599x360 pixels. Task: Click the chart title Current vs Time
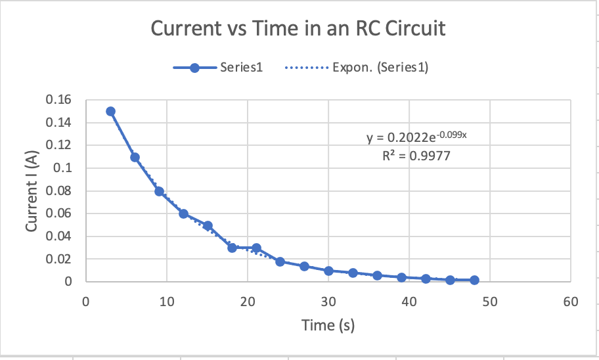click(298, 29)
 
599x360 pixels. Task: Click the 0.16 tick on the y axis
click(59, 100)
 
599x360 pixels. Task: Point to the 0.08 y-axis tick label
click(59, 191)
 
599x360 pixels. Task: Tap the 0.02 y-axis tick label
click(59, 259)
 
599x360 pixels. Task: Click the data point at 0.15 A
click(110, 111)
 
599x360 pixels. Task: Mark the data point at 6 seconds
click(135, 157)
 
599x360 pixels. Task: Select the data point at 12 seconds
click(183, 214)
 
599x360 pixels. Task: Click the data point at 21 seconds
click(256, 248)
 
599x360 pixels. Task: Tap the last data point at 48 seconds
click(474, 280)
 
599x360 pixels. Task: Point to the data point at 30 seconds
click(328, 271)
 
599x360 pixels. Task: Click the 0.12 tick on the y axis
click(59, 145)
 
